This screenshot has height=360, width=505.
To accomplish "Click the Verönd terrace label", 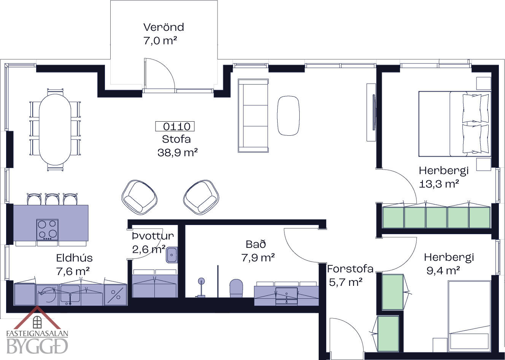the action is [164, 27].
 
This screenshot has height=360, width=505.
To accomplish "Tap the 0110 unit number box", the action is [175, 126].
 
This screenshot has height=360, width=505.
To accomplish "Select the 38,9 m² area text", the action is [178, 152].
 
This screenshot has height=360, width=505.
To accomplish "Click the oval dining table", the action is [55, 129].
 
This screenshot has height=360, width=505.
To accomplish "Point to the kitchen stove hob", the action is [47, 230].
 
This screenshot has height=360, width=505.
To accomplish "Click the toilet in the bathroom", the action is [236, 288].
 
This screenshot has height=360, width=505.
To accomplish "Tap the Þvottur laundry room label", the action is [153, 236].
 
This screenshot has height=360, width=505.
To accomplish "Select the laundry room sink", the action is [172, 255].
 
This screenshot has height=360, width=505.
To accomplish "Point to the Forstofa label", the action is [350, 269].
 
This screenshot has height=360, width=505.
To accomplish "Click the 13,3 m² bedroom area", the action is [439, 184].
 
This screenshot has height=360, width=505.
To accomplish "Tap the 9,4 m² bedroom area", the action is [443, 271].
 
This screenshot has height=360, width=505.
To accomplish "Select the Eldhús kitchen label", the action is [75, 258].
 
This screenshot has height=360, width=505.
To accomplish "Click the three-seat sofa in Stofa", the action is [253, 116].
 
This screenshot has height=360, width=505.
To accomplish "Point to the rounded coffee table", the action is [288, 116].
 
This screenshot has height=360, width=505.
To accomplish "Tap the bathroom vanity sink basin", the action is [287, 295].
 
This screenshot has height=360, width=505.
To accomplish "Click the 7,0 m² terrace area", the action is [160, 41].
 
